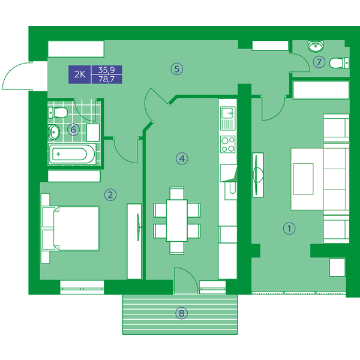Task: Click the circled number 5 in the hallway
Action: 177,69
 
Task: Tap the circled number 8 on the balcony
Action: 182,313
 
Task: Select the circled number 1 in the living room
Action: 289,229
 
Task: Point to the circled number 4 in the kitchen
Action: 182,158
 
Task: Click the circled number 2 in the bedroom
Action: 110,195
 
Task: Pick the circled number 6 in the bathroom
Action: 73,130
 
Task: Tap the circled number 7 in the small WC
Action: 319,62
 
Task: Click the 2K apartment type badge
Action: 80,74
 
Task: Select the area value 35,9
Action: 107,70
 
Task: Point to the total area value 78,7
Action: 107,79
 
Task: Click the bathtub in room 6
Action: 72,154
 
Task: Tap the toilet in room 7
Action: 340,62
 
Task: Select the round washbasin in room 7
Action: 316,46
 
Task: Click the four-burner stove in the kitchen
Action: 227,145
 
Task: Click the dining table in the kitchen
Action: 177,220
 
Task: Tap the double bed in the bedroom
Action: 71,229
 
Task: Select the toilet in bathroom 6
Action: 58,113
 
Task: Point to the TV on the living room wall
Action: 258,175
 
